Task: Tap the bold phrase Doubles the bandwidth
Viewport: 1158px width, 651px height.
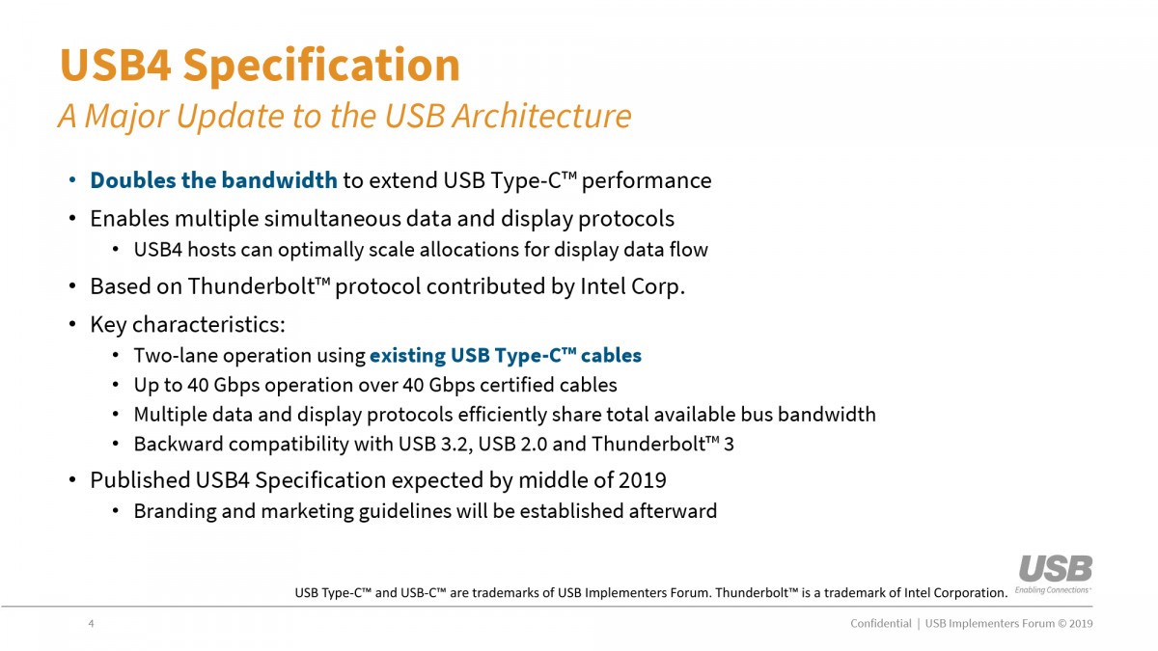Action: point(213,180)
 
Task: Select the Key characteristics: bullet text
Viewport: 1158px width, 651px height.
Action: point(187,324)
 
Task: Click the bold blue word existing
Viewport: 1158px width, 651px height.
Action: point(407,356)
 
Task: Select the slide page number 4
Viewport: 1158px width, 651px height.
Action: point(91,624)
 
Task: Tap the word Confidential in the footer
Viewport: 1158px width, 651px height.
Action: point(880,624)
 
